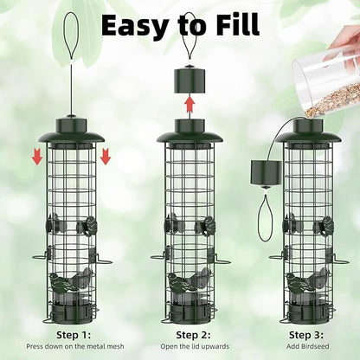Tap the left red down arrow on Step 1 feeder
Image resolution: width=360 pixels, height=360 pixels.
pyautogui.click(x=36, y=156)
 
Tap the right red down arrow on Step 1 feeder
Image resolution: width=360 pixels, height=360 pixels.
pyautogui.click(x=106, y=156)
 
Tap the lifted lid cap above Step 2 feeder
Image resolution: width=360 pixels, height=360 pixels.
pyautogui.click(x=189, y=76)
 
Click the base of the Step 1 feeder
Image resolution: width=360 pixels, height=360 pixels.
pyautogui.click(x=70, y=309)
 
